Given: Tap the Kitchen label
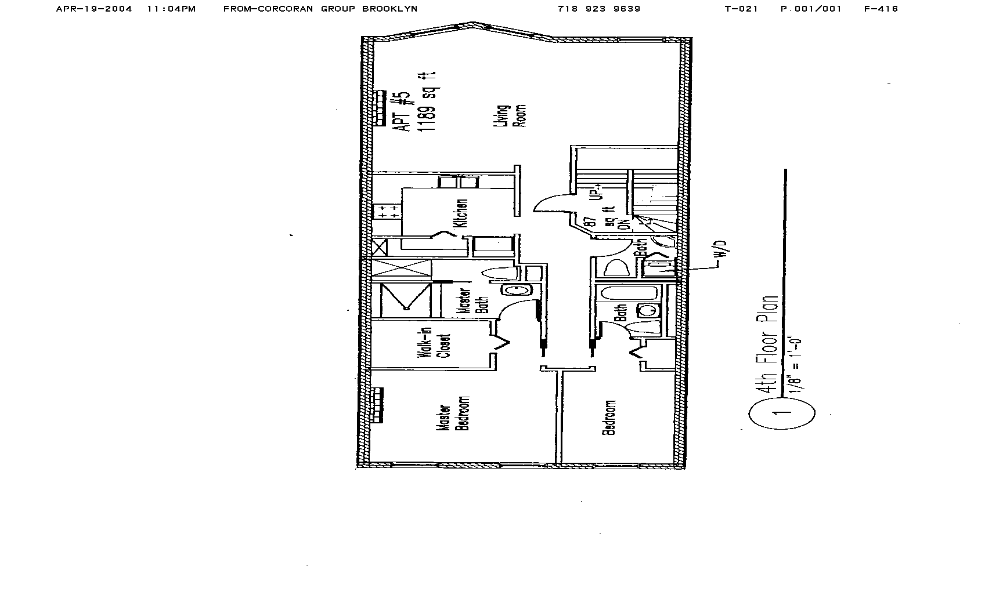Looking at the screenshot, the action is (462, 213).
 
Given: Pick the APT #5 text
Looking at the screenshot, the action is (405, 110).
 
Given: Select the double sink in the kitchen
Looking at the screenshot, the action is (457, 183).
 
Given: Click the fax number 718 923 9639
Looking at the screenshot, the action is (598, 9).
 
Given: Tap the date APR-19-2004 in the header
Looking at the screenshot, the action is (94, 9).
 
